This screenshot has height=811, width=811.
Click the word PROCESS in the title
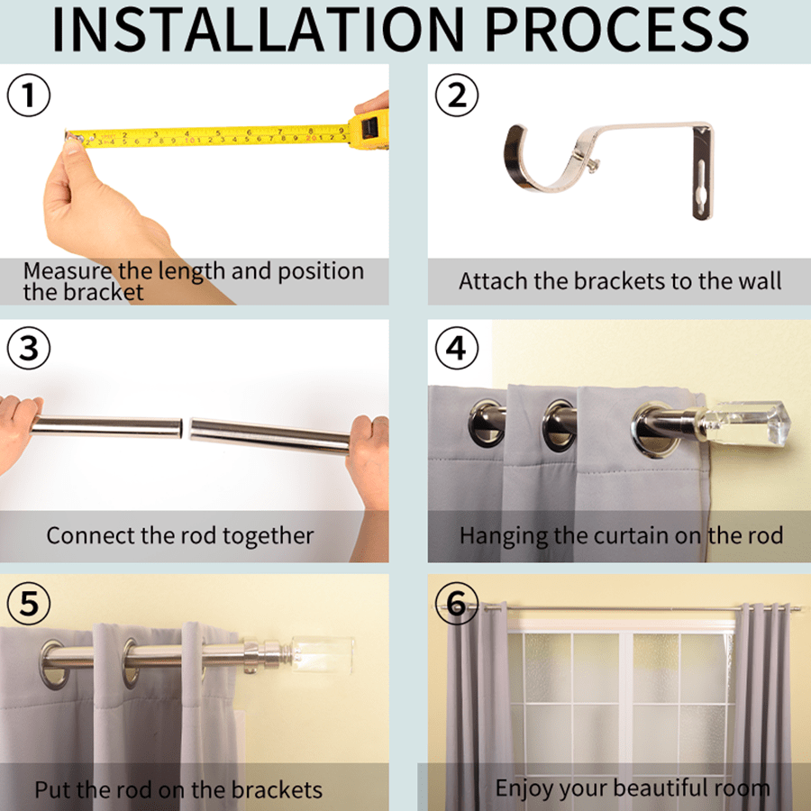click(617, 30)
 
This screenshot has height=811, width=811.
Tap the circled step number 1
click(29, 96)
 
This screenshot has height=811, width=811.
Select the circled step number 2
click(457, 96)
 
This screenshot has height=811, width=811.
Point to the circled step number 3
click(29, 348)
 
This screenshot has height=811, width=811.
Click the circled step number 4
click(457, 348)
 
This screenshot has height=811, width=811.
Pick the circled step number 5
click(29, 603)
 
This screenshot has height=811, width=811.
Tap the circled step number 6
click(457, 603)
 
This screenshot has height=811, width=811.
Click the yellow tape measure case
click(369, 129)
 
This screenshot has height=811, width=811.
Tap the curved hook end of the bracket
click(527, 161)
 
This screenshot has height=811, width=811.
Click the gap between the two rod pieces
click(186, 428)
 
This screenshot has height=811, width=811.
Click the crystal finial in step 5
click(322, 655)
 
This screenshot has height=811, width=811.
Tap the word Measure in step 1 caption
click(68, 271)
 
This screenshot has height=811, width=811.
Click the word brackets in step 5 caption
click(277, 789)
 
